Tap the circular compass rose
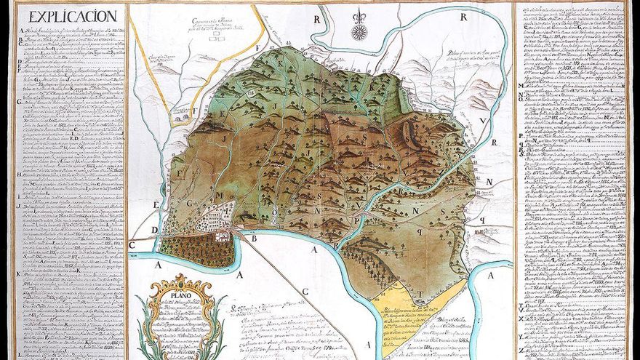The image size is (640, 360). (x=359, y=32)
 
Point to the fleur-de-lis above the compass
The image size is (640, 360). (x=359, y=15)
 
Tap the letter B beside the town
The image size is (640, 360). (x=255, y=237)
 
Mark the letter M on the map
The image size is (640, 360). (x=218, y=195)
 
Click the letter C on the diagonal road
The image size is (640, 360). (x=305, y=292)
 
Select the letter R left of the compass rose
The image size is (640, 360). (x=317, y=19)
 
